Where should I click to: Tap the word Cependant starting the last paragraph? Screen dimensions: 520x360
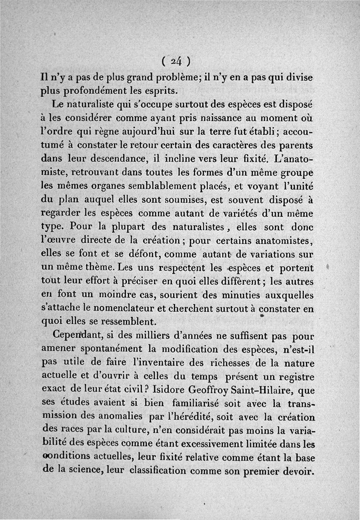tap(81, 336)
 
